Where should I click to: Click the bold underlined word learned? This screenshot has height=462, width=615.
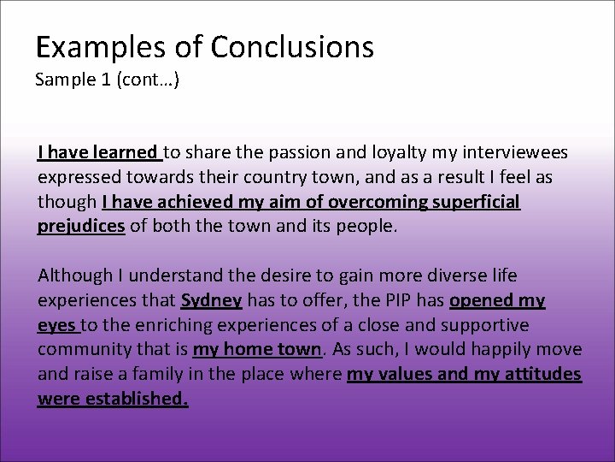click(x=126, y=153)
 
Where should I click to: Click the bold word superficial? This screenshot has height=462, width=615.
click(x=476, y=203)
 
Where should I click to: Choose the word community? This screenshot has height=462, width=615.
click(x=79, y=350)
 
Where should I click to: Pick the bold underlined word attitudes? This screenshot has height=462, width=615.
click(x=540, y=374)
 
